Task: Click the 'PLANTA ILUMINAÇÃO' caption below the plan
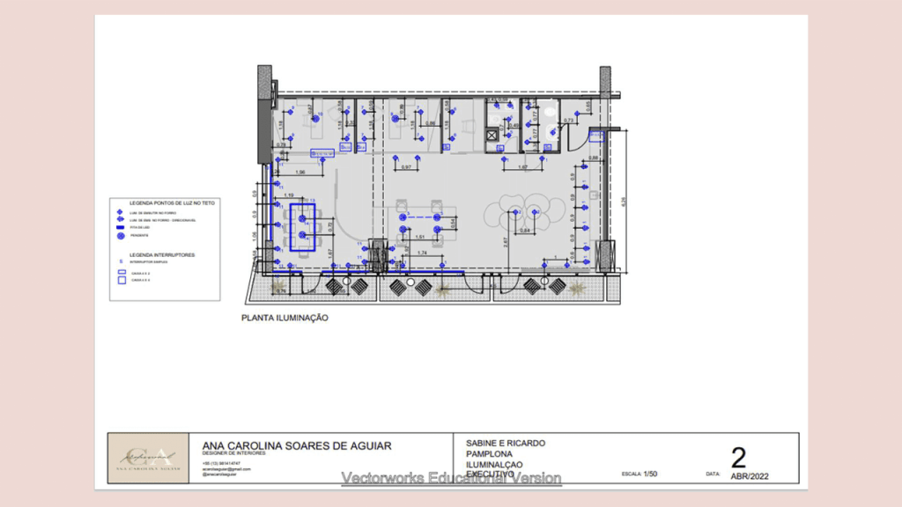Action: (x=285, y=319)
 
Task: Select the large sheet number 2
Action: (x=738, y=457)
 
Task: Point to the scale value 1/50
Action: (x=651, y=474)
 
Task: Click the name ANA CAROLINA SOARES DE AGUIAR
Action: (x=297, y=445)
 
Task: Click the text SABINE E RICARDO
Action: (x=505, y=443)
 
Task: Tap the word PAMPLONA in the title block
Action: (x=490, y=453)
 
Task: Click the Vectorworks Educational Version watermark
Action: (x=451, y=478)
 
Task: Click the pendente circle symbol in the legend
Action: (x=120, y=236)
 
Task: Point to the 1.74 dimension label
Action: (x=423, y=253)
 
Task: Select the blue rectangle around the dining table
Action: (x=302, y=227)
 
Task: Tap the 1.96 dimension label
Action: (x=300, y=171)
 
